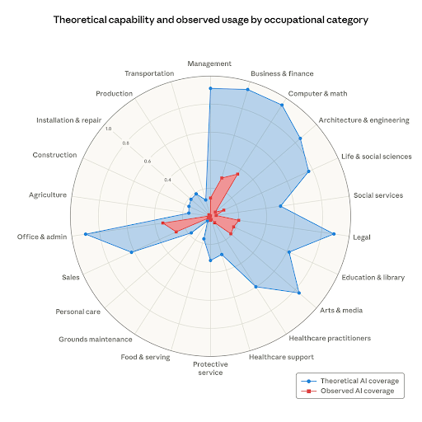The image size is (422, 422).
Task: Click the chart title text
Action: tap(211, 18)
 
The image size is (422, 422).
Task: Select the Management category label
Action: tap(209, 63)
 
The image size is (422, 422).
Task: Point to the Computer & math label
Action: tap(316, 92)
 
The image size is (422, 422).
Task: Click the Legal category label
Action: tap(361, 237)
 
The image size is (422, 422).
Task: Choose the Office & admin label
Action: tap(41, 237)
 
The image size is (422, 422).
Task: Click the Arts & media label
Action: tap(342, 311)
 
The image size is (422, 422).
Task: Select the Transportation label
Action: tap(149, 73)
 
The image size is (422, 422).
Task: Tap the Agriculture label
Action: tap(48, 195)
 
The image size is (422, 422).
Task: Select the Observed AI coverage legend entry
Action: tap(356, 392)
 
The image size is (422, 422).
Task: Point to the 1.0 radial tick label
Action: tap(109, 128)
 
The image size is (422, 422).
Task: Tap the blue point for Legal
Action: tap(334, 234)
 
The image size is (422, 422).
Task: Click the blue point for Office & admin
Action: tap(85, 234)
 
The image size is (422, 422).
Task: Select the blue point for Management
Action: tap(209, 88)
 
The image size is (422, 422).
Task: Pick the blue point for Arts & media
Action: tap(298, 293)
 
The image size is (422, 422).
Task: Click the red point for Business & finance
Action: tap(237, 174)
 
